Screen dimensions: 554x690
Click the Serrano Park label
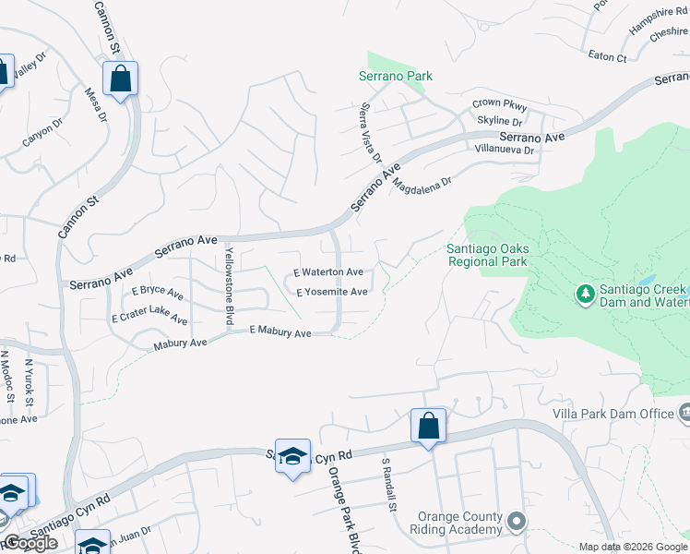[396, 76]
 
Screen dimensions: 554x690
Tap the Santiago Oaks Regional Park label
[487, 254]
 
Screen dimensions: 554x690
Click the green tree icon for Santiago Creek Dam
[584, 295]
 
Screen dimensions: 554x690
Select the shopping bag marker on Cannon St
[121, 78]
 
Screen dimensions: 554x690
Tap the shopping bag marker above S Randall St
[428, 427]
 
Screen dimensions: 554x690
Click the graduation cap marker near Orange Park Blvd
[292, 457]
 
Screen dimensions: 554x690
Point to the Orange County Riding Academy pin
[517, 523]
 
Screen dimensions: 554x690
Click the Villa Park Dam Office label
[613, 414]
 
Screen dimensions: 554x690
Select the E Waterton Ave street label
[328, 272]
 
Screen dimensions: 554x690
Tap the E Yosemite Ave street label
[332, 292]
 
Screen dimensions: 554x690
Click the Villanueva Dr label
[504, 149]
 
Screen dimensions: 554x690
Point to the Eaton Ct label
[607, 57]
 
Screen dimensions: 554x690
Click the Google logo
[30, 543]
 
